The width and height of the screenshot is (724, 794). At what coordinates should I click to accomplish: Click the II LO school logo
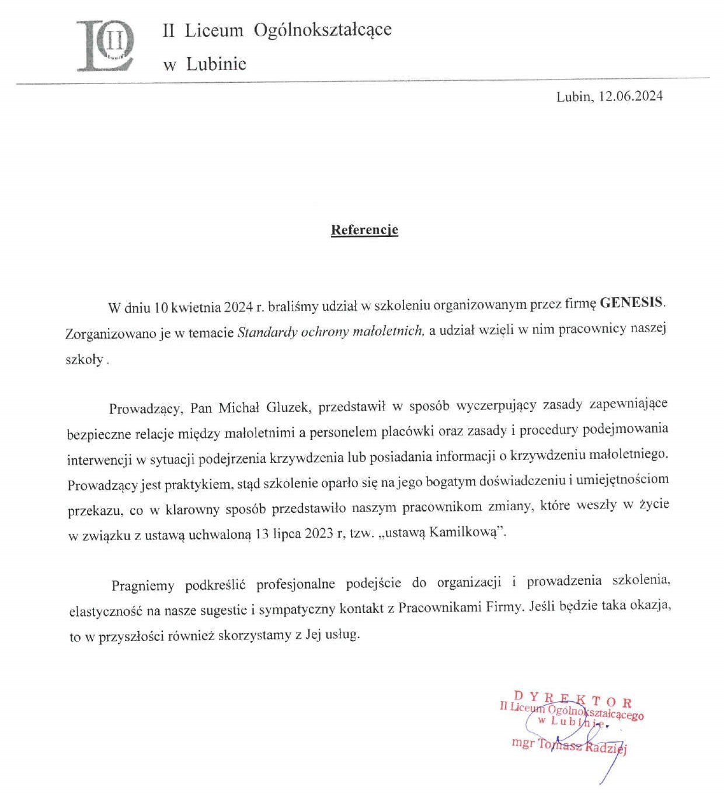click(x=106, y=46)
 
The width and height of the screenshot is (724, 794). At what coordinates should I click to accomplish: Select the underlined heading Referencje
click(x=364, y=230)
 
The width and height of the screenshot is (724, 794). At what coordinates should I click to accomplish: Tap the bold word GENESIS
click(x=632, y=303)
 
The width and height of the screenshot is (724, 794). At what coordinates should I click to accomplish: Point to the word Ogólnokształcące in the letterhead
click(x=322, y=30)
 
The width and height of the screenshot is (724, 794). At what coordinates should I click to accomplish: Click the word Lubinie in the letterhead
click(x=216, y=64)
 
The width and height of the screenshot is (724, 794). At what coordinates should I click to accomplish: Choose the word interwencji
click(x=100, y=459)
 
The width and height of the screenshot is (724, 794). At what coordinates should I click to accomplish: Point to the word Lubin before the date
click(x=573, y=97)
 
